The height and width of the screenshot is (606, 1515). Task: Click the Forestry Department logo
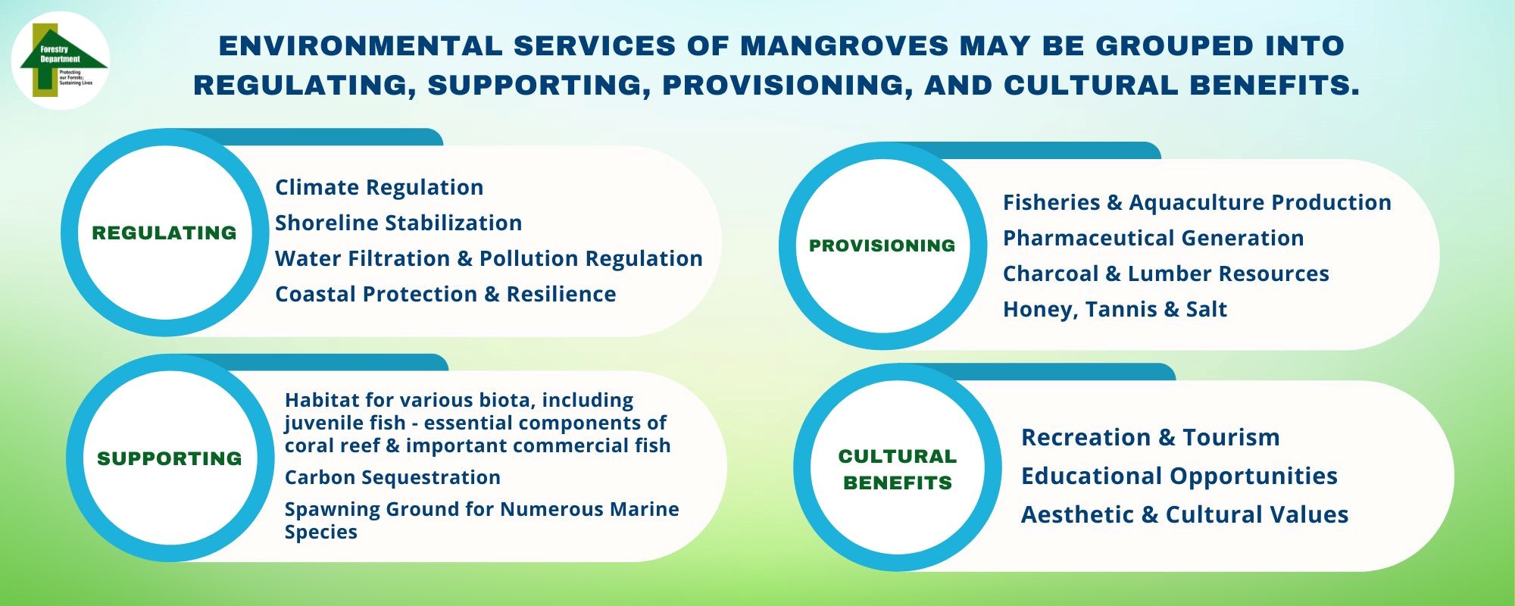pyautogui.click(x=61, y=61)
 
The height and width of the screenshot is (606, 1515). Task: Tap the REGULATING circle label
pyautogui.click(x=164, y=233)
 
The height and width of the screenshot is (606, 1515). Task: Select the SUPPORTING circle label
pyautogui.click(x=170, y=458)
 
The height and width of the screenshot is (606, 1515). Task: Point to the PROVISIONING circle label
pyautogui.click(x=882, y=245)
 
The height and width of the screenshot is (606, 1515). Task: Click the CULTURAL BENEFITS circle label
pyautogui.click(x=898, y=470)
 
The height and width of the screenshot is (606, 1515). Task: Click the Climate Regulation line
pyautogui.click(x=379, y=187)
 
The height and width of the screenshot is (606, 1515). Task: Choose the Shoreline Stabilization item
pyautogui.click(x=398, y=223)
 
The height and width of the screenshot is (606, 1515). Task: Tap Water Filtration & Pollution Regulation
pyautogui.click(x=489, y=258)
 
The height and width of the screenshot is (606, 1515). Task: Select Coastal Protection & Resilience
pyautogui.click(x=445, y=294)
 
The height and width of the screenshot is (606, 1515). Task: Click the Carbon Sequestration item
pyautogui.click(x=392, y=477)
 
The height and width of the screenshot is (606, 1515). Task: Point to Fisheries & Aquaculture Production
pyautogui.click(x=1197, y=202)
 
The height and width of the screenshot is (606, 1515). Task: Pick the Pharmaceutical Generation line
pyautogui.click(x=1153, y=238)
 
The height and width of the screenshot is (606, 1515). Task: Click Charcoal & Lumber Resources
pyautogui.click(x=1166, y=273)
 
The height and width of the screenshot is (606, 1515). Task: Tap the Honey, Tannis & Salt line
pyautogui.click(x=1114, y=309)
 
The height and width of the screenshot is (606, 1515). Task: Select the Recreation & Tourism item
pyautogui.click(x=1150, y=437)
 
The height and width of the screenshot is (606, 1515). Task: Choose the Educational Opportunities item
pyautogui.click(x=1179, y=476)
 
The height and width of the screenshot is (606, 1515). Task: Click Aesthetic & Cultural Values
pyautogui.click(x=1185, y=514)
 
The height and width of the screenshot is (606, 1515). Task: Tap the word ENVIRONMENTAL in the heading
pyautogui.click(x=361, y=45)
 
